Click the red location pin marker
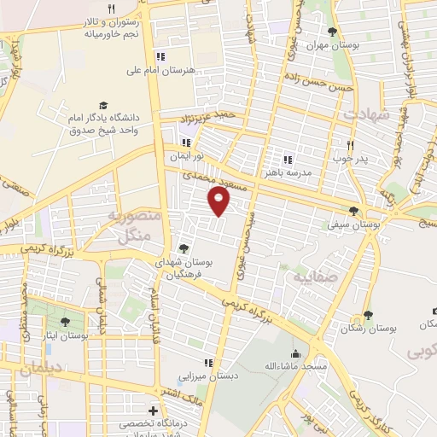[220, 201]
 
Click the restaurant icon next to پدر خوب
[349, 144]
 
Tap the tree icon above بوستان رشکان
[368, 316]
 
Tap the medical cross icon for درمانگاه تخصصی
[154, 411]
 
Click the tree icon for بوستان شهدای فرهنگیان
[184, 249]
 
